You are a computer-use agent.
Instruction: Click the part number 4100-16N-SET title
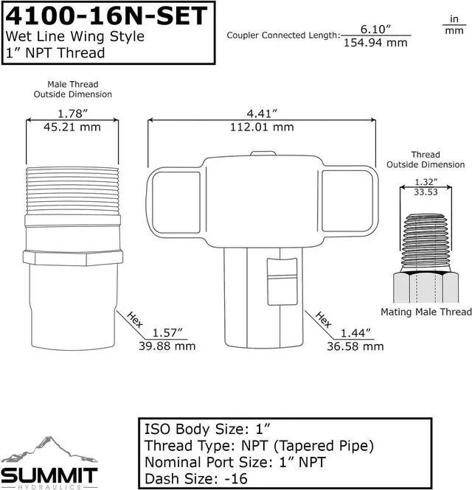(x=106, y=15)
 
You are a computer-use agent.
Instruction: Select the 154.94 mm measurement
(x=375, y=42)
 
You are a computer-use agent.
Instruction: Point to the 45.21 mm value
(x=72, y=127)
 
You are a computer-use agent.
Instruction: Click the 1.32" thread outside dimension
(x=426, y=181)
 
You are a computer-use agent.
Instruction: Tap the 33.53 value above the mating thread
(x=426, y=192)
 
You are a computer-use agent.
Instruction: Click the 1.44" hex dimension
(x=357, y=332)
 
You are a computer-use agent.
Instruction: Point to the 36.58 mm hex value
(x=357, y=346)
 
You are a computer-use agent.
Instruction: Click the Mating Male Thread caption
(x=426, y=312)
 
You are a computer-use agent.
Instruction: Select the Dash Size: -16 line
(x=198, y=478)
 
